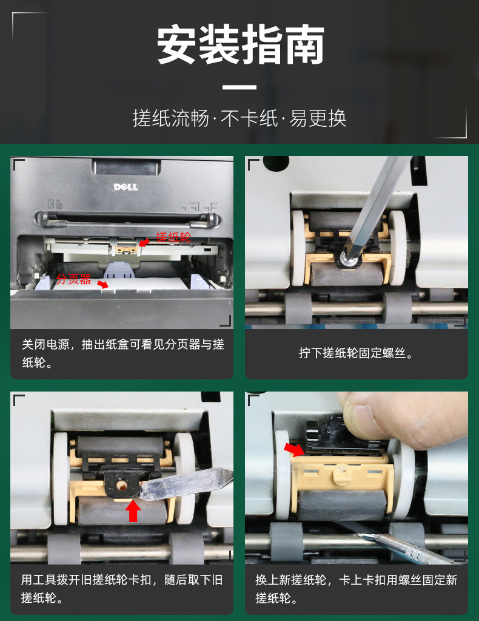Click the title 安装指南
point(240,44)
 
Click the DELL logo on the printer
point(126,187)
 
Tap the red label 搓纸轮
point(173,237)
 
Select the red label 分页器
point(73,279)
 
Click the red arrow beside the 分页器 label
point(102,284)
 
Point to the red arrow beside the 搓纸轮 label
point(144,242)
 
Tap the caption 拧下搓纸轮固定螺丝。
point(357,353)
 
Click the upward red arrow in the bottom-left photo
point(133,511)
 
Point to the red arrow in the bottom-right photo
point(294,449)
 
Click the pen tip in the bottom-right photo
point(361,535)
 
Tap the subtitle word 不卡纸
point(249,118)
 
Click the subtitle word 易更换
point(318,118)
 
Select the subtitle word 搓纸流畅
point(171,118)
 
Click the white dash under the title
point(239,87)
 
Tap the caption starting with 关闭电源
point(122,353)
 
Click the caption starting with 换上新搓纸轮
point(356,589)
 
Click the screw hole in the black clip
point(121,485)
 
